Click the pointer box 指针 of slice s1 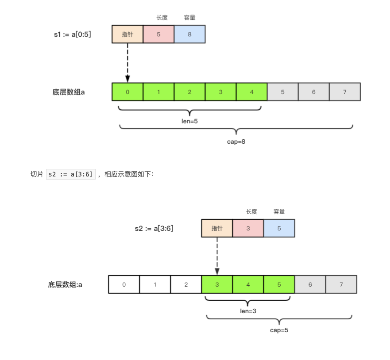[127, 34]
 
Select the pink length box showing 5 [158, 34]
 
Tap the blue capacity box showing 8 [189, 34]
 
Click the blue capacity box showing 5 [279, 228]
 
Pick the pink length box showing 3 [248, 228]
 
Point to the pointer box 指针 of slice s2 [217, 228]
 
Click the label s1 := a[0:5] [73, 34]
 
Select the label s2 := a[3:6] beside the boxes [154, 228]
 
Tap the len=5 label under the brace [189, 120]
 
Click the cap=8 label [236, 142]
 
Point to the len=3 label [248, 311]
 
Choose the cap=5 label [279, 330]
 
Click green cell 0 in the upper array [127, 92]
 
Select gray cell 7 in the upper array [344, 92]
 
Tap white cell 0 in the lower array [124, 284]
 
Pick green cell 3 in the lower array [217, 284]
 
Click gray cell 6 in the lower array [310, 284]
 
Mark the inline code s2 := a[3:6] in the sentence [71, 174]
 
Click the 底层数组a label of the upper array [69, 92]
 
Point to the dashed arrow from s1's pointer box [127, 62]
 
